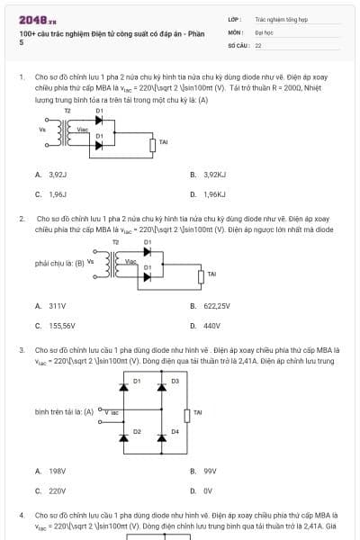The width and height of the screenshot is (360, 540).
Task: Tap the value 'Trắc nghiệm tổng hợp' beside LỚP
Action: [x=275, y=18]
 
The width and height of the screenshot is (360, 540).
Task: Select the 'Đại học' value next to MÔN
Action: [x=263, y=31]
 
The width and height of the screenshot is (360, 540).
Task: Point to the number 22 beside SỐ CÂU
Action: [x=258, y=44]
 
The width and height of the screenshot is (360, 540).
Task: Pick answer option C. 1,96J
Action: [x=51, y=193]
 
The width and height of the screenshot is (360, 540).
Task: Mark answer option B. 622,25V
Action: [x=211, y=306]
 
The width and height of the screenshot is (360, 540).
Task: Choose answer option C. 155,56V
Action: [x=55, y=326]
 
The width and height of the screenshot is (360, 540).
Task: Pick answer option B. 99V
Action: [x=203, y=471]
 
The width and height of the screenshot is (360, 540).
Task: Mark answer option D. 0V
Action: [x=202, y=490]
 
